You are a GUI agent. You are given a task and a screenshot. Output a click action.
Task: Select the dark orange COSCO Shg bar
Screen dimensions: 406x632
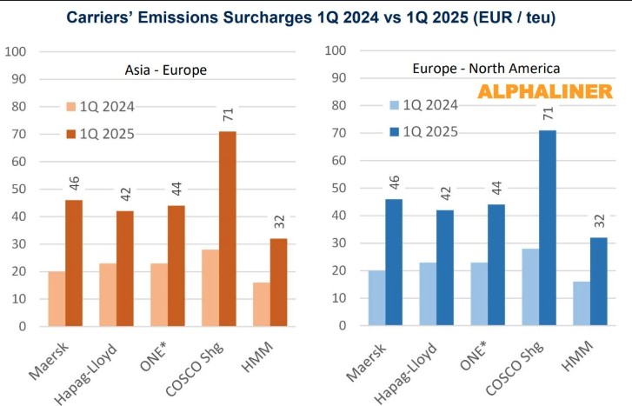click(227, 229)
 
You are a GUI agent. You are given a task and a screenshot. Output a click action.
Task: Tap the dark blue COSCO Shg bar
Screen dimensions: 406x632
click(547, 229)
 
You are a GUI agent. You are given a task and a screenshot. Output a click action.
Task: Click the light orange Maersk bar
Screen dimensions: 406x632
click(57, 299)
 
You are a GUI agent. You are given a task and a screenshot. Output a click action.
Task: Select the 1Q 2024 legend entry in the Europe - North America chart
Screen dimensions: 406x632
click(423, 105)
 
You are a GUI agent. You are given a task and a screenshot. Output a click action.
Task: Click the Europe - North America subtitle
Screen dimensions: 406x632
click(485, 67)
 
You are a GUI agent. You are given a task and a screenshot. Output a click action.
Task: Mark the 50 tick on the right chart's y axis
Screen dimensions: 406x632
click(340, 188)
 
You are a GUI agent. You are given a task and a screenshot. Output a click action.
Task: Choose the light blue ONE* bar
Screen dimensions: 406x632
click(479, 294)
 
